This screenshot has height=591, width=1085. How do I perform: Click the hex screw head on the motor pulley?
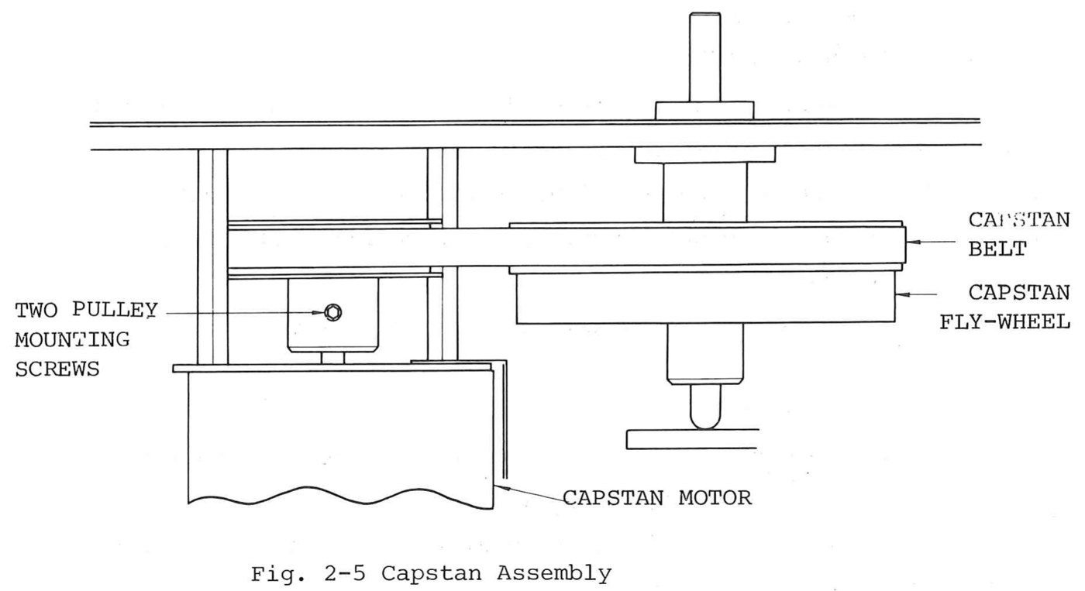point(332,312)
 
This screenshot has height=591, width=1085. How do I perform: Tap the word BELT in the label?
point(997,249)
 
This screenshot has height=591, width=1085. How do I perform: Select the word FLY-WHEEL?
point(1005,322)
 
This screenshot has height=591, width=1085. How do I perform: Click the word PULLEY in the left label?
point(115,310)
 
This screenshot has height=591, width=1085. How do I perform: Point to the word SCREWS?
point(57,369)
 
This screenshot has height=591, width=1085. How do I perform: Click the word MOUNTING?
point(72,340)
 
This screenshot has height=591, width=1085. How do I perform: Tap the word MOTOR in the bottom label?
point(715,498)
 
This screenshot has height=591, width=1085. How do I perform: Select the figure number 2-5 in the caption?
point(346,574)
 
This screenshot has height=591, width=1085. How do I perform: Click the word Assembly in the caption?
point(554,574)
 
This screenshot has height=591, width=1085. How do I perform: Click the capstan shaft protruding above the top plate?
point(704,57)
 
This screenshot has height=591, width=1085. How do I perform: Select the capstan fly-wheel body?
point(705,297)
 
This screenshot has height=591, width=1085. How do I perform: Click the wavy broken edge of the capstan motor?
point(340,497)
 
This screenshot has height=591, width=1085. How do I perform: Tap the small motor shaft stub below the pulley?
point(332,358)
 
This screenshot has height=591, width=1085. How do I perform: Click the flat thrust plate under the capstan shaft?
point(691,439)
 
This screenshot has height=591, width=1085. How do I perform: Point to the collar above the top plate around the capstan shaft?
point(704,111)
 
